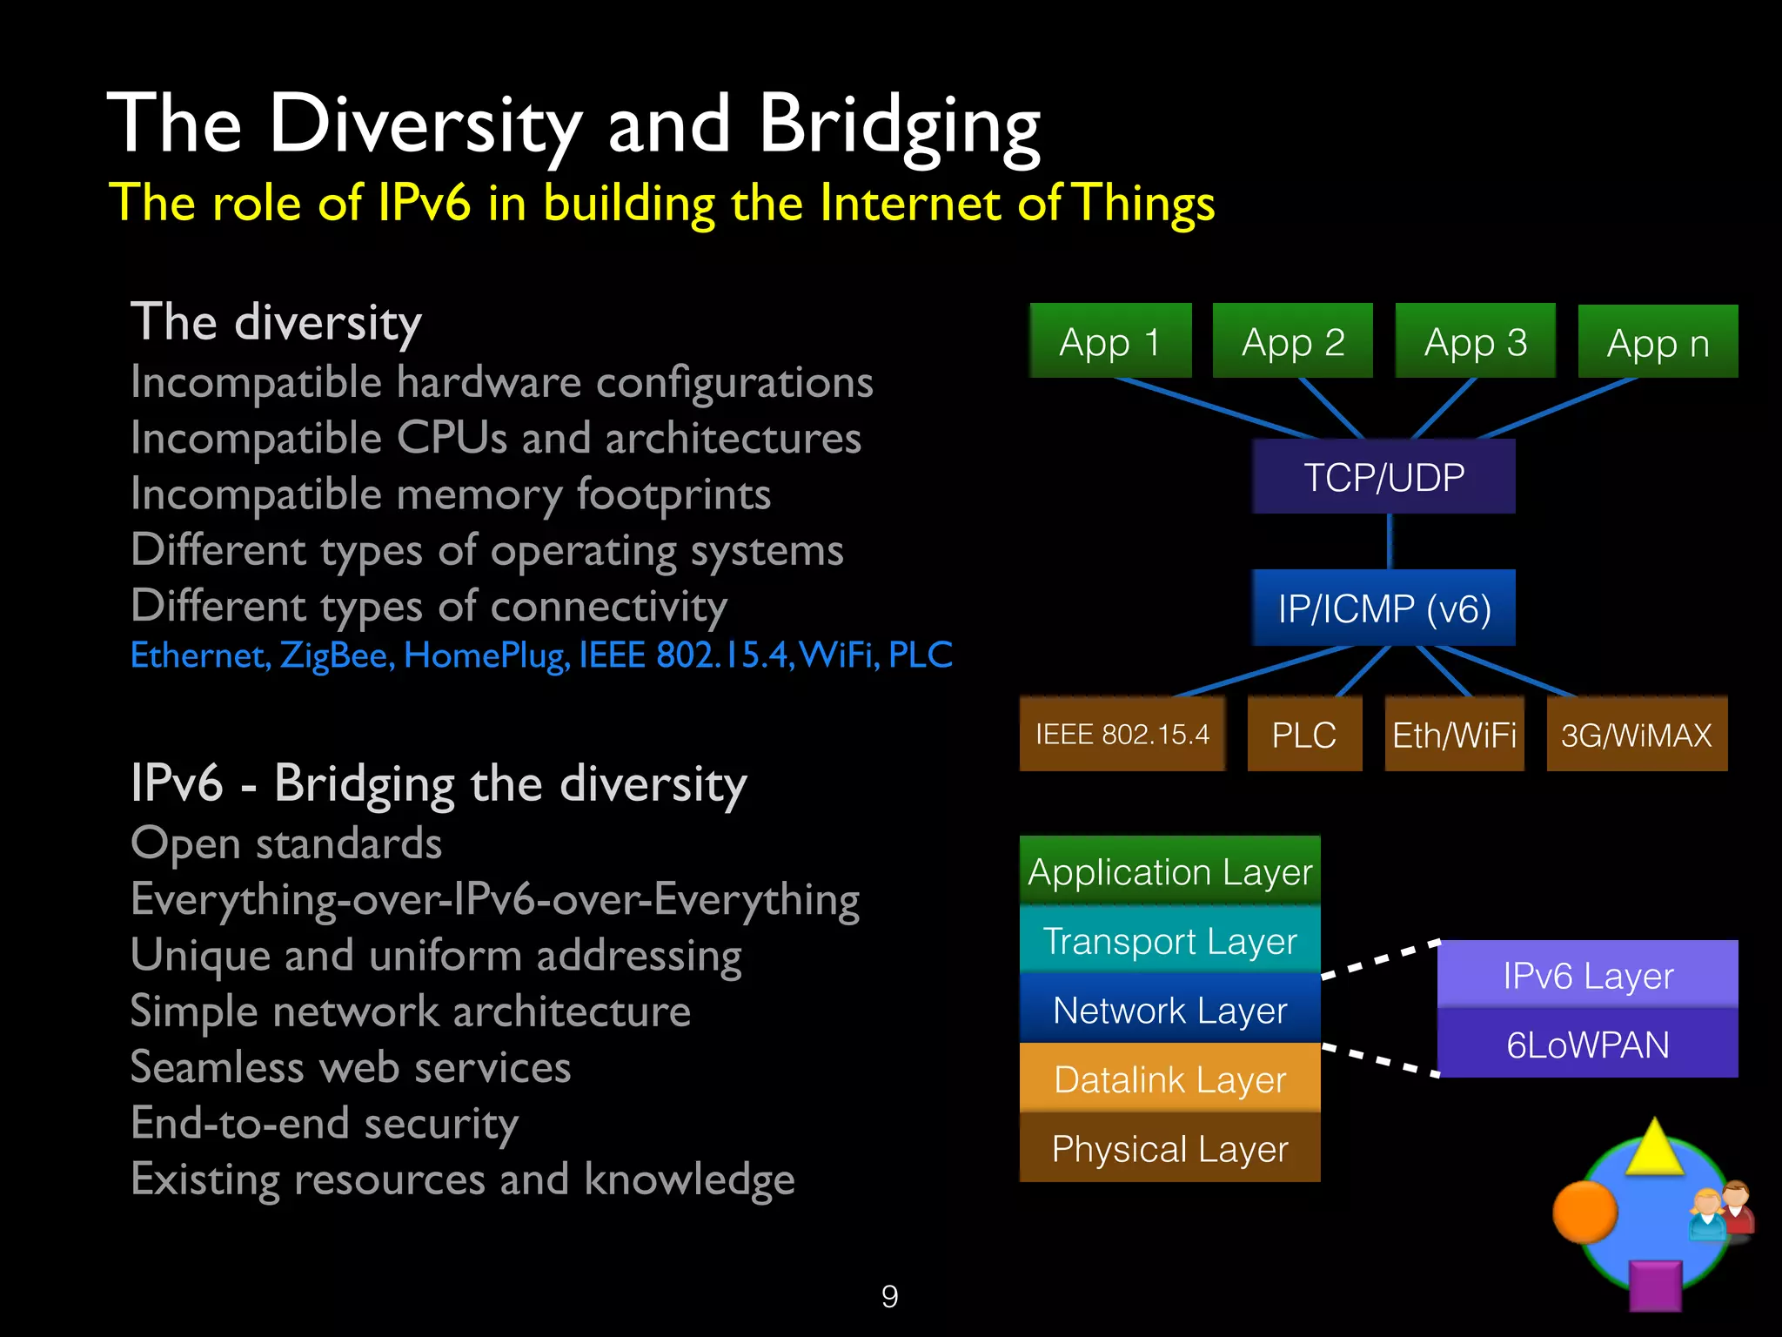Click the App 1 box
pos(1110,340)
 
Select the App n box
pos(1658,342)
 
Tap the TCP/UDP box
pos(1383,477)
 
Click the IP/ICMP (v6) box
pos(1383,608)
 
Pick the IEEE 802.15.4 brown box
pos(1122,734)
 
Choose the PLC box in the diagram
pos(1303,734)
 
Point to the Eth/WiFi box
pos(1454,734)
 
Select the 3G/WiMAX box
pos(1636,734)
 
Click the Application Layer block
pos(1169,870)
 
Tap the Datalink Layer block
pos(1169,1078)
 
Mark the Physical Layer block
pos(1169,1148)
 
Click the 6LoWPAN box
pos(1587,1044)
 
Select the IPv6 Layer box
pos(1587,975)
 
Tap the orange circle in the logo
pos(1584,1211)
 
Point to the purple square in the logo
pos(1654,1285)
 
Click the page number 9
pos(889,1296)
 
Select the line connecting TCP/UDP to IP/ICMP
pos(1389,541)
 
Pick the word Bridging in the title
pos(900,125)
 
